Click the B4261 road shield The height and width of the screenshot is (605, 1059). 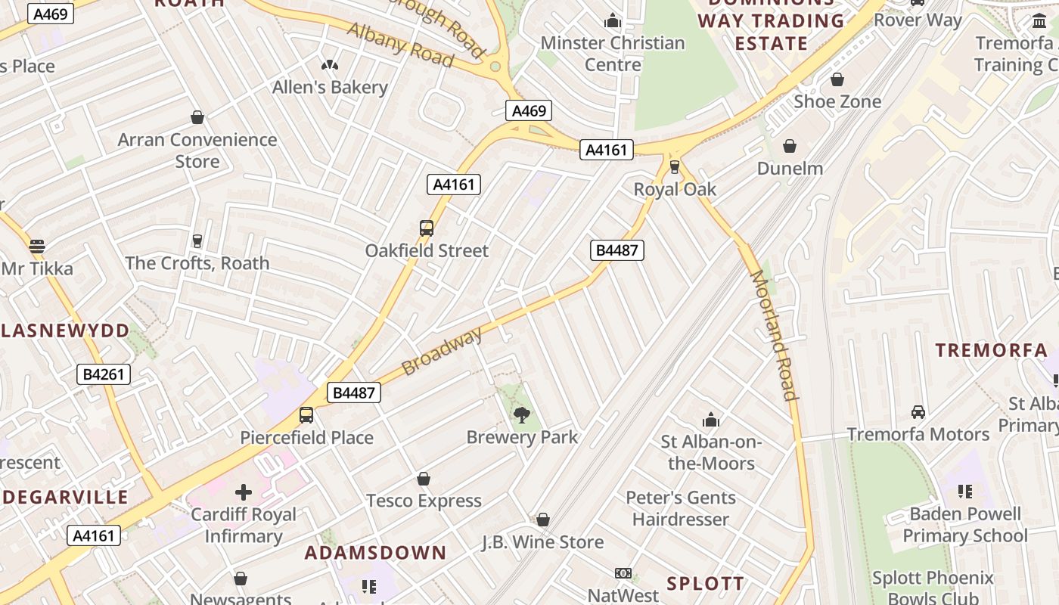click(104, 374)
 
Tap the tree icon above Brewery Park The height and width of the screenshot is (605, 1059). click(521, 414)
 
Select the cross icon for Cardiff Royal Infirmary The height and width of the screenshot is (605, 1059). click(243, 492)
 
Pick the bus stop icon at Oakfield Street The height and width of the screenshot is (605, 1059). click(427, 228)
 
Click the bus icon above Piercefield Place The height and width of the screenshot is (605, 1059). click(306, 414)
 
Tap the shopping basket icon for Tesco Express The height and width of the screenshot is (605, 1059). click(424, 479)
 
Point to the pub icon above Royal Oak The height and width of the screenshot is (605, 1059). click(675, 167)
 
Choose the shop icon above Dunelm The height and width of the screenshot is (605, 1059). click(790, 146)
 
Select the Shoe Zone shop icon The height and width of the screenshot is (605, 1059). click(837, 79)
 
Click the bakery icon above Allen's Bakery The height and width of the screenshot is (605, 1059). click(330, 65)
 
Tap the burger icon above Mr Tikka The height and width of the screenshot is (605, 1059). click(37, 246)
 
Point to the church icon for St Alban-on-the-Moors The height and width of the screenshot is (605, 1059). click(711, 420)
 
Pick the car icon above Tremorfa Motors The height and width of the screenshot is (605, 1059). click(918, 412)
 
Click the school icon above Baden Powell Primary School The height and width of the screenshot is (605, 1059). click(964, 492)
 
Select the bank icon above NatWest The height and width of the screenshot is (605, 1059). click(623, 573)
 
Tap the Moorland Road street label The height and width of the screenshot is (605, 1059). click(773, 335)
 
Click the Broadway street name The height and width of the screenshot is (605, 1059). click(442, 352)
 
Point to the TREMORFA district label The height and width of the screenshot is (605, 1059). click(991, 350)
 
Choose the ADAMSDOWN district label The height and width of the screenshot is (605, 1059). click(376, 553)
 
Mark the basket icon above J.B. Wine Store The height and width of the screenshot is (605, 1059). click(542, 520)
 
